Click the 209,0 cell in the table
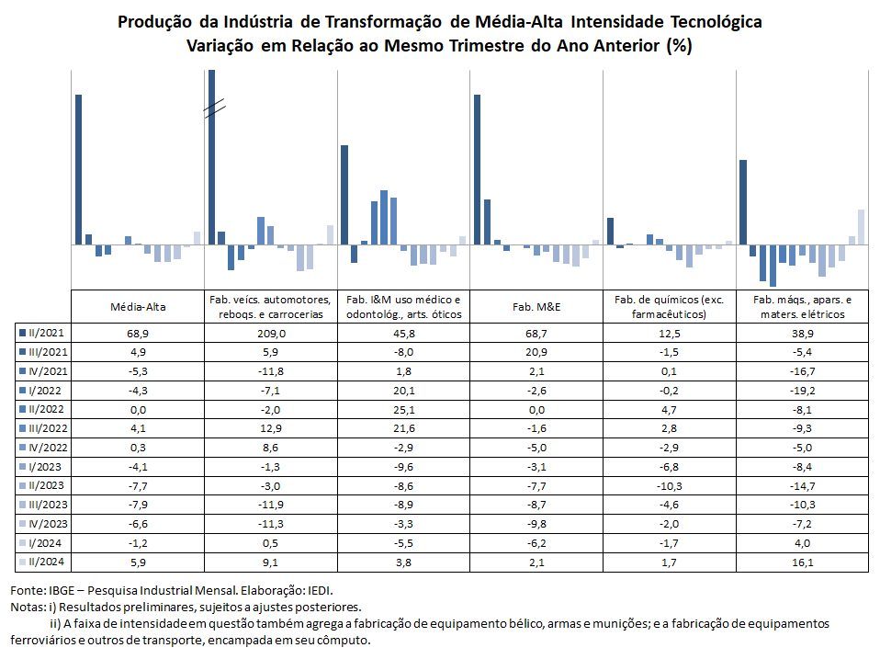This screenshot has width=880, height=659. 271,334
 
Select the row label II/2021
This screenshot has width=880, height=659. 42,333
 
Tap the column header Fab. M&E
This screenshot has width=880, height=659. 536,307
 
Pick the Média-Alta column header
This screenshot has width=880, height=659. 138,307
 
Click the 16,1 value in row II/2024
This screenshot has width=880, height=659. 803,562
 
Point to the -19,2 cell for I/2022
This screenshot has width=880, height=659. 803,391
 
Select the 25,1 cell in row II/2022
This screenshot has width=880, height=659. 403,410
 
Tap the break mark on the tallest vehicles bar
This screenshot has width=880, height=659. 214,108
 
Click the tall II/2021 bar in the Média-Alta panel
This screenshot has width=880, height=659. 79,169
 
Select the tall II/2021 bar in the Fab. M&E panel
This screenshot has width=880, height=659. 477,169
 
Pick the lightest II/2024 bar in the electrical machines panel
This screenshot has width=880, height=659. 861,227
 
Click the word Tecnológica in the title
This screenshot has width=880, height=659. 716,22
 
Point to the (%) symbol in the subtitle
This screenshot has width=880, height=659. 679,45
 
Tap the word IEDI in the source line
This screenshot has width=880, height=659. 321,590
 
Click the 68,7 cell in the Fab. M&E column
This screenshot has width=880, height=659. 536,334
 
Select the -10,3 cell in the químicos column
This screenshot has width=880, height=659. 669,486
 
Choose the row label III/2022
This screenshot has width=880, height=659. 44,428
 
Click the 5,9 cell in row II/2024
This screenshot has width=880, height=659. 138,562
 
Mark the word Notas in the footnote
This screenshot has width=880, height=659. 28,608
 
